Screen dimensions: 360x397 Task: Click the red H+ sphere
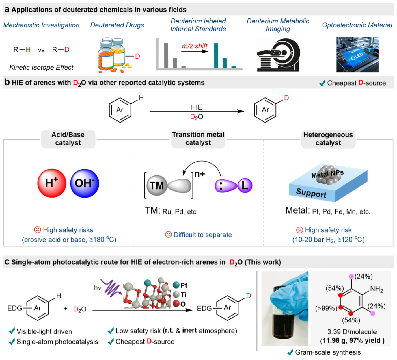pyautogui.click(x=52, y=183)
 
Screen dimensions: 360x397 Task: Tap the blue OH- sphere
pyautogui.click(x=85, y=183)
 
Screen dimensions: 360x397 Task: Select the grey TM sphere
pyautogui.click(x=156, y=185)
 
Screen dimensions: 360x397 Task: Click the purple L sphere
pyautogui.click(x=245, y=185)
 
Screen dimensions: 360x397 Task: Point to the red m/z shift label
pyautogui.click(x=195, y=46)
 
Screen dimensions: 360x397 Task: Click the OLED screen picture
pyautogui.click(x=357, y=54)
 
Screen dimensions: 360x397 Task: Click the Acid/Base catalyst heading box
pyautogui.click(x=68, y=139)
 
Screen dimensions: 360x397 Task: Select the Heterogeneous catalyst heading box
pyautogui.click(x=328, y=139)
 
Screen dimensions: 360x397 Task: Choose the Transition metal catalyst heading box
pyautogui.click(x=198, y=139)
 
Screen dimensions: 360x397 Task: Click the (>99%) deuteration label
pyautogui.click(x=326, y=308)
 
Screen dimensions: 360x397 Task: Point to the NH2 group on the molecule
pyautogui.click(x=377, y=289)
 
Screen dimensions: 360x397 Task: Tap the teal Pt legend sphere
pyautogui.click(x=176, y=285)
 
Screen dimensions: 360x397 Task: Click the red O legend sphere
pyautogui.click(x=176, y=304)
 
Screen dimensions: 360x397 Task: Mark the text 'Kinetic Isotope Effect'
pyautogui.click(x=41, y=67)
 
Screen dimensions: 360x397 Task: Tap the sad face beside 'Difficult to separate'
pyautogui.click(x=168, y=235)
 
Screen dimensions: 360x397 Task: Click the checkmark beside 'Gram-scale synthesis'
pyautogui.click(x=290, y=352)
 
